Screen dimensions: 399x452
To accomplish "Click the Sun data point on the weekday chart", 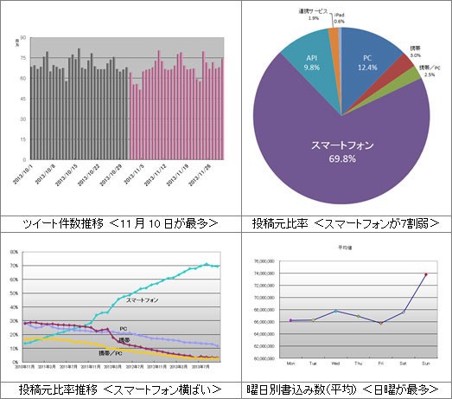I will click(425, 274).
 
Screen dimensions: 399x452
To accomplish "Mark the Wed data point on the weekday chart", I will click(335, 312).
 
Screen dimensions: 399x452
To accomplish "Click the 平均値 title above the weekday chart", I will click(344, 248).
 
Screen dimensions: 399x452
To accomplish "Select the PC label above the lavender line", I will click(124, 328).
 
